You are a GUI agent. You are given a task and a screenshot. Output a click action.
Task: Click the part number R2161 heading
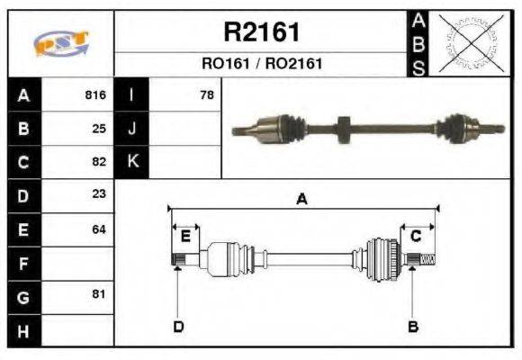(x=261, y=33)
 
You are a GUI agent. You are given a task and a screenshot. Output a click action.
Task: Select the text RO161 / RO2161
(x=261, y=65)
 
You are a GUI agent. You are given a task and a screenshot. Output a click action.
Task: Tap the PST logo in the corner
(x=60, y=43)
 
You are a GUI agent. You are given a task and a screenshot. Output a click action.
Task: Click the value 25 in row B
(x=99, y=129)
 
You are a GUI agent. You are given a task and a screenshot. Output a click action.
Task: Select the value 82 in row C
(x=99, y=162)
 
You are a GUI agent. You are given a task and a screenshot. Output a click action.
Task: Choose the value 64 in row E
(x=99, y=229)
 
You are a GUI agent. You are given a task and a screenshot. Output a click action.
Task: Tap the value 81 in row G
(x=99, y=294)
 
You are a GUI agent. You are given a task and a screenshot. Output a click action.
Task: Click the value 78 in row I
(x=206, y=95)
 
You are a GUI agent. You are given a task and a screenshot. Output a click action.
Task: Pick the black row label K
(x=131, y=162)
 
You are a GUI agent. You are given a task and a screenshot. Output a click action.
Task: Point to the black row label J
(x=131, y=129)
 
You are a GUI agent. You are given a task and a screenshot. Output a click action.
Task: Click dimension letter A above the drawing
(x=302, y=200)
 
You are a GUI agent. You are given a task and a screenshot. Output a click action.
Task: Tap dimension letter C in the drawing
(x=416, y=236)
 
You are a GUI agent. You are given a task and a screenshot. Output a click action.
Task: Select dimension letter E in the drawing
(x=185, y=236)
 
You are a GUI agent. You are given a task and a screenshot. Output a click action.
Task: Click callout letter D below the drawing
(x=178, y=326)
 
